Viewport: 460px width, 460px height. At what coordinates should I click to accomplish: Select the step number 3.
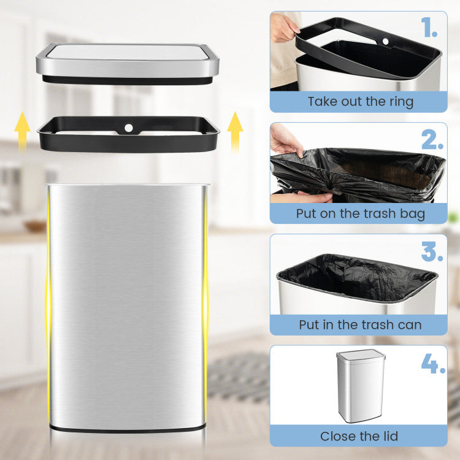coord(432,251)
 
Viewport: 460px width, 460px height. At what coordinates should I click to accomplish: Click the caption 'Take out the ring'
coord(360,102)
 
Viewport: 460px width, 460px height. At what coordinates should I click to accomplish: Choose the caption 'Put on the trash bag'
coord(360,214)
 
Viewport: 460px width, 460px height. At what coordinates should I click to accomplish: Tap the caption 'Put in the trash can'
coord(360,325)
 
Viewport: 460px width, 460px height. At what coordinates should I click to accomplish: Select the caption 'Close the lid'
coord(359,437)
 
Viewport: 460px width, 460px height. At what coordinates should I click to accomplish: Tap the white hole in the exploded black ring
coord(129,128)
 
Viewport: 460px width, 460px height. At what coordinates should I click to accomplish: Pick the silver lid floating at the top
coord(128,61)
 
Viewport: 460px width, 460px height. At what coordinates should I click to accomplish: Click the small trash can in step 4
coord(360,386)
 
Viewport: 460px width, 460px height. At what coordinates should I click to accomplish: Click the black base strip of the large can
coord(128,427)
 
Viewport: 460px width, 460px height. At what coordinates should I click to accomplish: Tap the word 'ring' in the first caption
coord(399,102)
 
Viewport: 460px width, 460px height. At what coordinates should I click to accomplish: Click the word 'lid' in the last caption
coord(388,437)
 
